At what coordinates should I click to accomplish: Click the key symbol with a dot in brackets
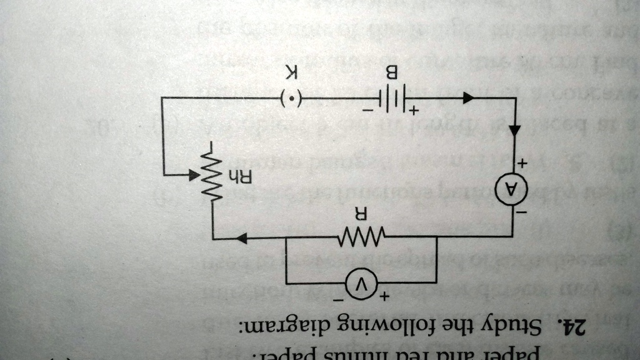(292, 99)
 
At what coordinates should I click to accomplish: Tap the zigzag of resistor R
(361, 237)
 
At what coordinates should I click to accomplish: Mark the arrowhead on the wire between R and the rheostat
(242, 237)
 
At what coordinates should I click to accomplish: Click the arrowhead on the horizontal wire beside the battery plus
(467, 98)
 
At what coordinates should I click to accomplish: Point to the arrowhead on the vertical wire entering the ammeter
(514, 130)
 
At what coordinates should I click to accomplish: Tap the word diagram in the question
(276, 326)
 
